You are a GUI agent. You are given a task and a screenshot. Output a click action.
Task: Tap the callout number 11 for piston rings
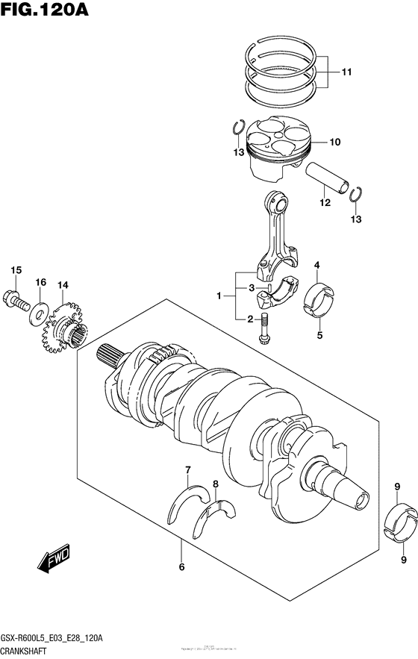point(346,72)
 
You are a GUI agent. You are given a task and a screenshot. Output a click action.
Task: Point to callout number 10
point(334,141)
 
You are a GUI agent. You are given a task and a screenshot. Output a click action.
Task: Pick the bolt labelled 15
point(16,299)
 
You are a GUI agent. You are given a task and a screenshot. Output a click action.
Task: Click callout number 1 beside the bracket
point(220,296)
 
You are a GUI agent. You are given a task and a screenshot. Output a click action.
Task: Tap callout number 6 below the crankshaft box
point(181,566)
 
